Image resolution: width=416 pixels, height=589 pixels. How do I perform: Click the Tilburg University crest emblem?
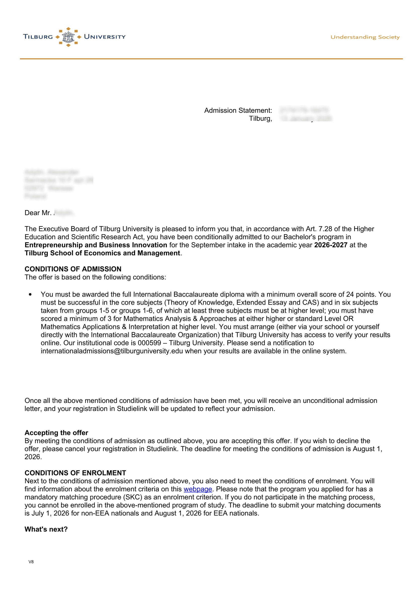(x=68, y=37)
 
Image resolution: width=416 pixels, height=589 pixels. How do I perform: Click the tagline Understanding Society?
(x=365, y=37)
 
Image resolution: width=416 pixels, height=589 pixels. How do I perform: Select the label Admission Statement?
(x=238, y=111)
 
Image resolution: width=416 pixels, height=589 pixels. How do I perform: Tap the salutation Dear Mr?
(x=38, y=213)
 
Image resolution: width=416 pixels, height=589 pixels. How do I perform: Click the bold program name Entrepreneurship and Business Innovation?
(x=96, y=245)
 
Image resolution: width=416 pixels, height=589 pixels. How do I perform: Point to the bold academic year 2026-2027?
(x=330, y=245)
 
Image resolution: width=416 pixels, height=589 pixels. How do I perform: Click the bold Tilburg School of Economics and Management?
(x=102, y=253)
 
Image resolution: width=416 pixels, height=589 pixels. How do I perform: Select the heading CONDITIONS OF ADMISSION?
(x=73, y=269)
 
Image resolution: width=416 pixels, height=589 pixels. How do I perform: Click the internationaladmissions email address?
(x=112, y=351)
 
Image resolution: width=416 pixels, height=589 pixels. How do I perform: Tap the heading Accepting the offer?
(x=56, y=433)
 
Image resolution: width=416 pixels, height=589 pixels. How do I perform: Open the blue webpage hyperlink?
(x=198, y=489)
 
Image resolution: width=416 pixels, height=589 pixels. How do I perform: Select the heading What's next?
(x=46, y=529)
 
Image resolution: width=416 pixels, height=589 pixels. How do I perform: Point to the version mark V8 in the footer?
(x=31, y=569)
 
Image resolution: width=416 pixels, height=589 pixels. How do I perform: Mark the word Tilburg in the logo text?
(x=38, y=37)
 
